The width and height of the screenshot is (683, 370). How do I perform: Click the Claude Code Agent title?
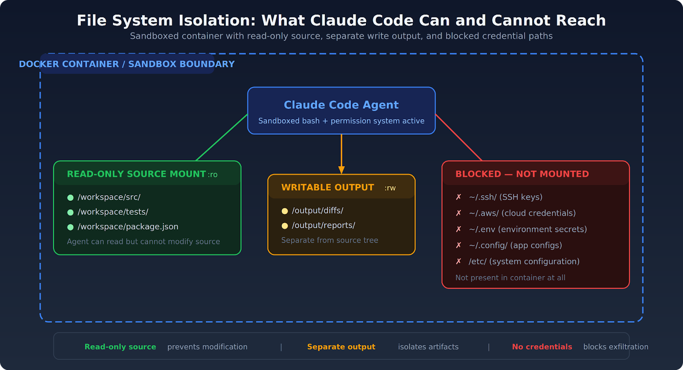341,105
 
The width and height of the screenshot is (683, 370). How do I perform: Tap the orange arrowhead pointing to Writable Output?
341,170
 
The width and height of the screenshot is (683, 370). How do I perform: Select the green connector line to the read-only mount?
222,137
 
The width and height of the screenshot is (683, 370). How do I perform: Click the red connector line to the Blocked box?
458,137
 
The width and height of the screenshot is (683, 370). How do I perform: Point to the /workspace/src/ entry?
109,197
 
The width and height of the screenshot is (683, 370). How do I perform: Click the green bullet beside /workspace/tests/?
70,212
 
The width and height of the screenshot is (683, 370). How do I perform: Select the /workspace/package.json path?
128,227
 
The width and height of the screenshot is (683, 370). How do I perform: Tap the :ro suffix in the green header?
213,175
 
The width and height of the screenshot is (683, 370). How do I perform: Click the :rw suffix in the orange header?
390,188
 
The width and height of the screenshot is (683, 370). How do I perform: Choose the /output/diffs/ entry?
317,211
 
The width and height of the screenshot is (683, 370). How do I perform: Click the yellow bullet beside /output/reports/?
285,226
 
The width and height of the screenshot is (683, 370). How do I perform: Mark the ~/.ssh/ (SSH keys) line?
505,197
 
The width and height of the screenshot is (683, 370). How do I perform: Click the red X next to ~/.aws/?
458,213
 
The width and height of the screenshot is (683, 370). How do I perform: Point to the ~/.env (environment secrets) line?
528,229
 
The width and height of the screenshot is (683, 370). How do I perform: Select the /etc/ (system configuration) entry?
524,261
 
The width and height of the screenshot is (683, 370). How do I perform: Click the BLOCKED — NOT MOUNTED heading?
522,174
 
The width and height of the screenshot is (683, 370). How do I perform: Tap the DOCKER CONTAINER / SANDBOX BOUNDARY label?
127,64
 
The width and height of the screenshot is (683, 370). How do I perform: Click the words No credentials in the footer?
542,347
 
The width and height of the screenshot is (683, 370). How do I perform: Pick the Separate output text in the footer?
341,347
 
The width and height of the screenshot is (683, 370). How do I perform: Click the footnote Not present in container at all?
510,278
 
